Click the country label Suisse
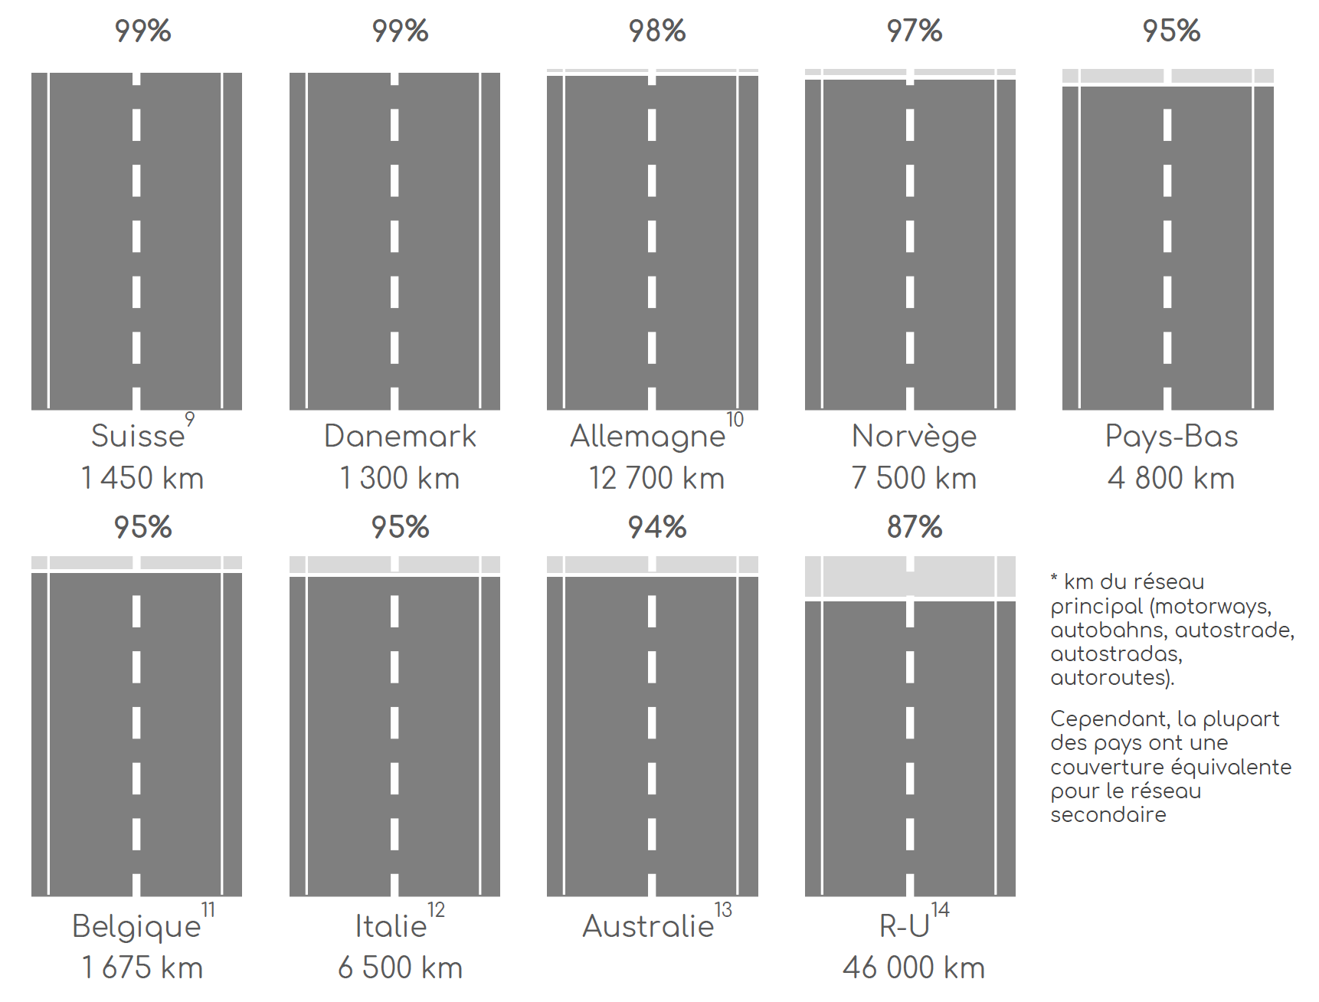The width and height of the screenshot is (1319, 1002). (x=138, y=436)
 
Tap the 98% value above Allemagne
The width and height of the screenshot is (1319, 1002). (x=657, y=31)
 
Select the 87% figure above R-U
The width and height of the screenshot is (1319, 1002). (x=915, y=527)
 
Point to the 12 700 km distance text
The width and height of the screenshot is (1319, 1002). (x=656, y=478)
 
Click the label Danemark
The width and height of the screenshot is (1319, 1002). (x=400, y=436)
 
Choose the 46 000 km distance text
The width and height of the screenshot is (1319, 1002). (x=914, y=968)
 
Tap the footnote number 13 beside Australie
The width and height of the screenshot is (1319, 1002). (x=723, y=910)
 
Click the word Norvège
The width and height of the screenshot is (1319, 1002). (x=914, y=436)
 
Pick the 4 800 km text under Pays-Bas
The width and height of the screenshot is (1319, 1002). (x=1171, y=478)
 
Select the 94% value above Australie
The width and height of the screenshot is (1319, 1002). (x=657, y=527)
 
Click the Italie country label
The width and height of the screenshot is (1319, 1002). (x=391, y=926)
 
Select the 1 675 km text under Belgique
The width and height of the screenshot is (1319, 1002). (x=142, y=968)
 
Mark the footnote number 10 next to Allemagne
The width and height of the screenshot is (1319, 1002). (x=735, y=420)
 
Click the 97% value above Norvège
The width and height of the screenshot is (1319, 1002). (x=915, y=31)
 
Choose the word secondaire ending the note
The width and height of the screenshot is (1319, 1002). (x=1108, y=814)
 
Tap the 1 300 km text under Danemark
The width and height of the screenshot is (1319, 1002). (x=400, y=478)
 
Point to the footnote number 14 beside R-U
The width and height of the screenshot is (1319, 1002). (x=940, y=910)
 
